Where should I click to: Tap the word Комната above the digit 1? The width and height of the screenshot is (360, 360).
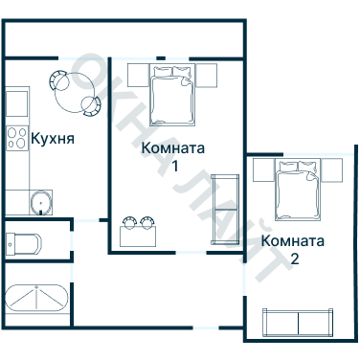(x=173, y=148)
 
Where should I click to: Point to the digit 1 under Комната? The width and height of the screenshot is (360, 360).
(x=174, y=166)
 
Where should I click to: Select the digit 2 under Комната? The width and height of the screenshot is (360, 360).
(x=294, y=259)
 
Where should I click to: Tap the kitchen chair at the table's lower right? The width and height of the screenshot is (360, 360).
(x=91, y=105)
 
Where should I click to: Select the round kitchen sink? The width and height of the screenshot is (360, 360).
(x=40, y=202)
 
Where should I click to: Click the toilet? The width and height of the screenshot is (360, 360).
(x=23, y=239)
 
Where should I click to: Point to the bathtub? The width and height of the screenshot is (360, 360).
(x=36, y=300)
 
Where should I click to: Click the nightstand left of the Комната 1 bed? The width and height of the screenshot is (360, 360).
(x=136, y=75)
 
